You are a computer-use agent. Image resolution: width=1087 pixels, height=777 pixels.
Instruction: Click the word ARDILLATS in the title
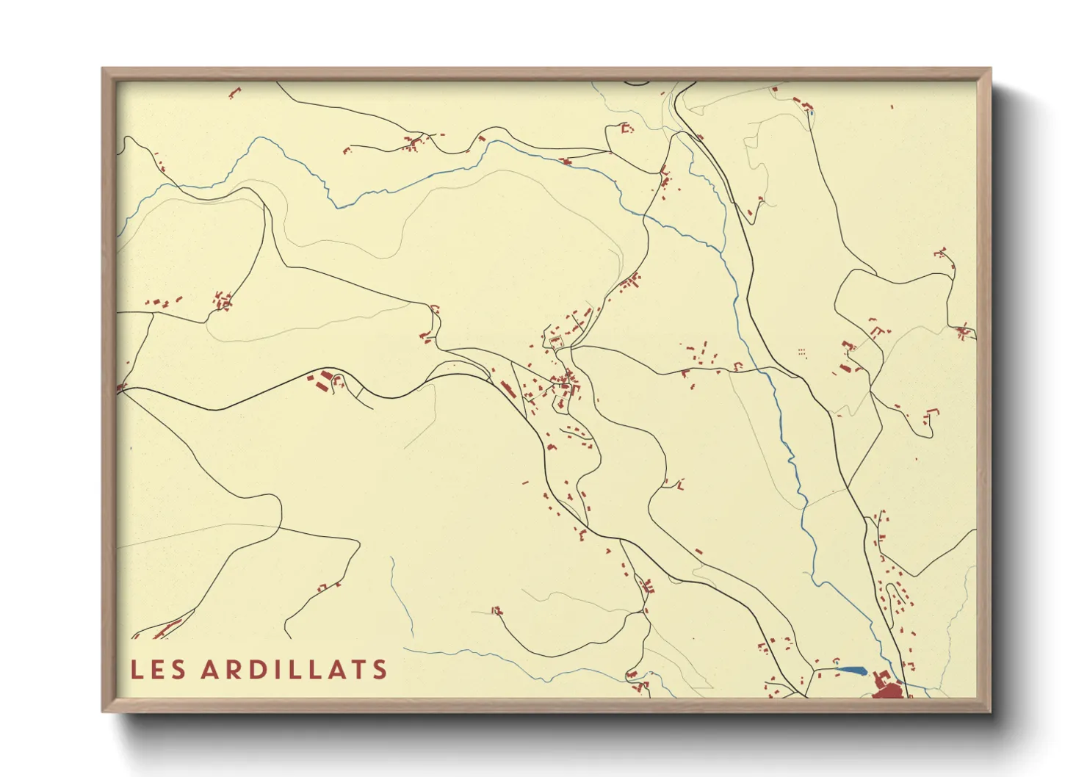tap(294, 670)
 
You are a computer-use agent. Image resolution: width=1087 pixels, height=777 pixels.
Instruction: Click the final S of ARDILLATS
tap(380, 670)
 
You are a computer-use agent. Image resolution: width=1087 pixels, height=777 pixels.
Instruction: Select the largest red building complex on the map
tap(888, 690)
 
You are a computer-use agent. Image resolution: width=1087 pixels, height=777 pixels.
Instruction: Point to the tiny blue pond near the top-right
tap(810, 113)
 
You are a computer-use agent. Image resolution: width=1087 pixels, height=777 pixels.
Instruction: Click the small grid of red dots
tap(801, 353)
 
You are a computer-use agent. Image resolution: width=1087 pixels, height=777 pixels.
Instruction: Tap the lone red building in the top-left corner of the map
tap(234, 93)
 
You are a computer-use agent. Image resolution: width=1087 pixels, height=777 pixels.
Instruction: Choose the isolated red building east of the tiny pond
tap(892, 107)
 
